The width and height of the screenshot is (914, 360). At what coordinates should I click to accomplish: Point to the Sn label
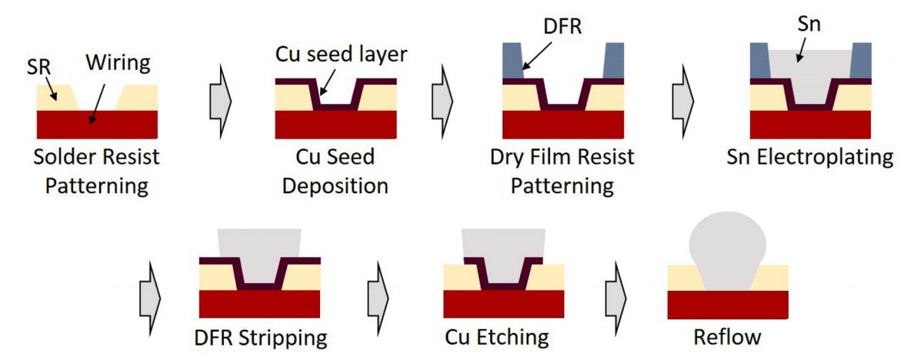click(810, 24)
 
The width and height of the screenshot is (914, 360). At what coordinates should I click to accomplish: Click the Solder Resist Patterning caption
click(97, 172)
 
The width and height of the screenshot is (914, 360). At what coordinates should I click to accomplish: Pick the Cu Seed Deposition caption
click(335, 172)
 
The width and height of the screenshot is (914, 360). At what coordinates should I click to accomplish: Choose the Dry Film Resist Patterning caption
click(562, 172)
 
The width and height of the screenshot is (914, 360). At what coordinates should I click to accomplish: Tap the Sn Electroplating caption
click(810, 158)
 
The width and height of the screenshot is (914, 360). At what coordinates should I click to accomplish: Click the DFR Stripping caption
click(261, 338)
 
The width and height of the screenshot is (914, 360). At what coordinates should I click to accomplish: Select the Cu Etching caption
click(497, 338)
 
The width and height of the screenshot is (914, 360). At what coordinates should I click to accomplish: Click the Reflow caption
click(727, 338)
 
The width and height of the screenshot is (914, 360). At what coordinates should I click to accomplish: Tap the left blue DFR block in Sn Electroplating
click(759, 62)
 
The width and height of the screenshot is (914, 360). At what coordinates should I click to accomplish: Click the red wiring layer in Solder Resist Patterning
click(97, 123)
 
